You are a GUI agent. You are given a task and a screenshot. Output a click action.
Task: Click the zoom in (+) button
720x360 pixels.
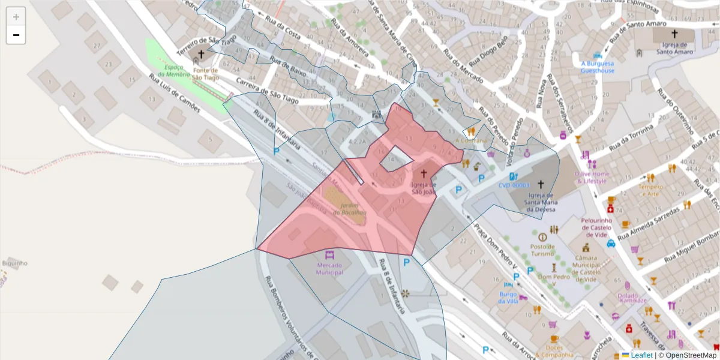click(16, 17)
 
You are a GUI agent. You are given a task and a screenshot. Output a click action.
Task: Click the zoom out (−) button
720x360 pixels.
click(16, 35)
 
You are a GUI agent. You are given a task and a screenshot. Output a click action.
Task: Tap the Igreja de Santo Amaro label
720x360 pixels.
click(674, 48)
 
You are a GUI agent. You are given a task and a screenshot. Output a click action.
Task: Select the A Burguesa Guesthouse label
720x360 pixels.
click(597, 67)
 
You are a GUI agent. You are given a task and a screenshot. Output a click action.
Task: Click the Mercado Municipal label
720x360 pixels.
click(330, 268)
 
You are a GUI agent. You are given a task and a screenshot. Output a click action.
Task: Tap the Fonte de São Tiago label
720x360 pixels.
click(206, 74)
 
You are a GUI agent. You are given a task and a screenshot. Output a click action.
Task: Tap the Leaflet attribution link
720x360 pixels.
click(641, 355)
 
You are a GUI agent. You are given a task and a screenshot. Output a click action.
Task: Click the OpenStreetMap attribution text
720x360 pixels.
click(691, 355)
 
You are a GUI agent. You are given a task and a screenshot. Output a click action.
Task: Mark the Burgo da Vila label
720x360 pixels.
click(508, 298)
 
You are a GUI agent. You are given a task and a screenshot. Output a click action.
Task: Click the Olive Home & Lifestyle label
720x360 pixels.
click(591, 177)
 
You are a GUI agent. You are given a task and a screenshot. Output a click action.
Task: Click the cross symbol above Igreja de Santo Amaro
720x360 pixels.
click(674, 34)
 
